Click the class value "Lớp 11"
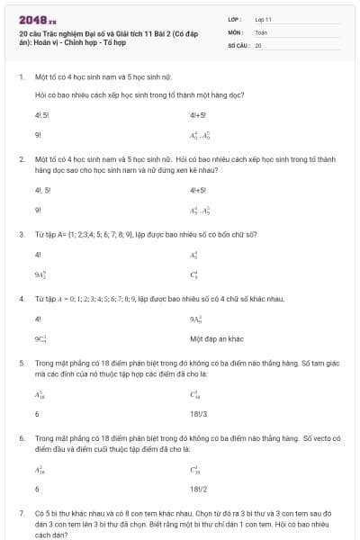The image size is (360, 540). [264, 18]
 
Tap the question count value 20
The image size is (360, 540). [258, 44]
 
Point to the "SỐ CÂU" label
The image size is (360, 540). [238, 44]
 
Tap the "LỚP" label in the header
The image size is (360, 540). [235, 18]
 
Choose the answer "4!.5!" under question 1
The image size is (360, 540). [41, 115]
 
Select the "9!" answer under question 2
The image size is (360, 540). [38, 210]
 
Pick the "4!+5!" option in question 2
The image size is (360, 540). [198, 191]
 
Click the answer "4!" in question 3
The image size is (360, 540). [38, 255]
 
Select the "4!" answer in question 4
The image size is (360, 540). [38, 319]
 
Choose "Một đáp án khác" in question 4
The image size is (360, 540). [217, 338]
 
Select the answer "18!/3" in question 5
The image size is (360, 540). [199, 414]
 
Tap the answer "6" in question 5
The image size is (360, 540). [37, 414]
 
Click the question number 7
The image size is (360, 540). [21, 512]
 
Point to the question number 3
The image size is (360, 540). [21, 234]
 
